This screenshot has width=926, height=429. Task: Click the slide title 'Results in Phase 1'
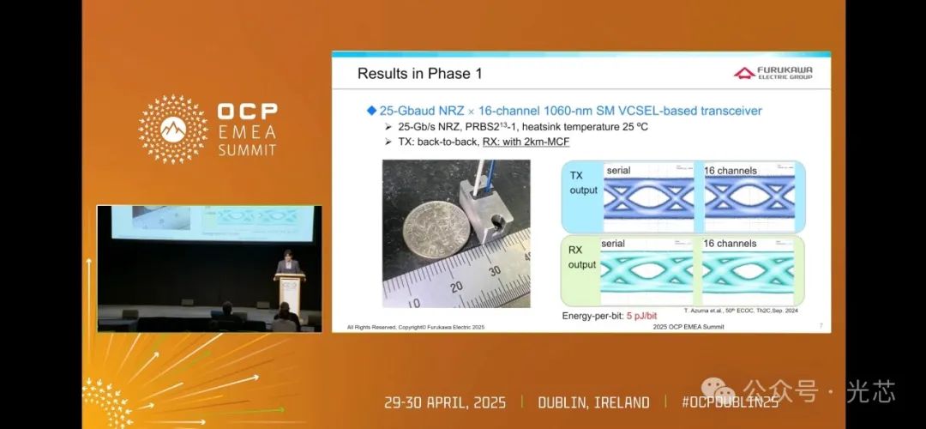tap(419, 74)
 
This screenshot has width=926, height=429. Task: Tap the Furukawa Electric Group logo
tap(773, 73)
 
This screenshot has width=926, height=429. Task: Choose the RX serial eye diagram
tap(647, 271)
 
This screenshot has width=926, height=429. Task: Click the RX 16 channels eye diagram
tap(749, 271)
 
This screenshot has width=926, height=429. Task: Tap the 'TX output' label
tap(583, 182)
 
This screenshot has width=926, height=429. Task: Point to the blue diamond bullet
tap(371, 111)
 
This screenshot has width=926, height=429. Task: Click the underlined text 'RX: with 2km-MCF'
tap(526, 141)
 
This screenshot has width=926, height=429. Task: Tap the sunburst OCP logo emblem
tap(173, 129)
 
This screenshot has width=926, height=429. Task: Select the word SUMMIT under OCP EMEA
tap(247, 149)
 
